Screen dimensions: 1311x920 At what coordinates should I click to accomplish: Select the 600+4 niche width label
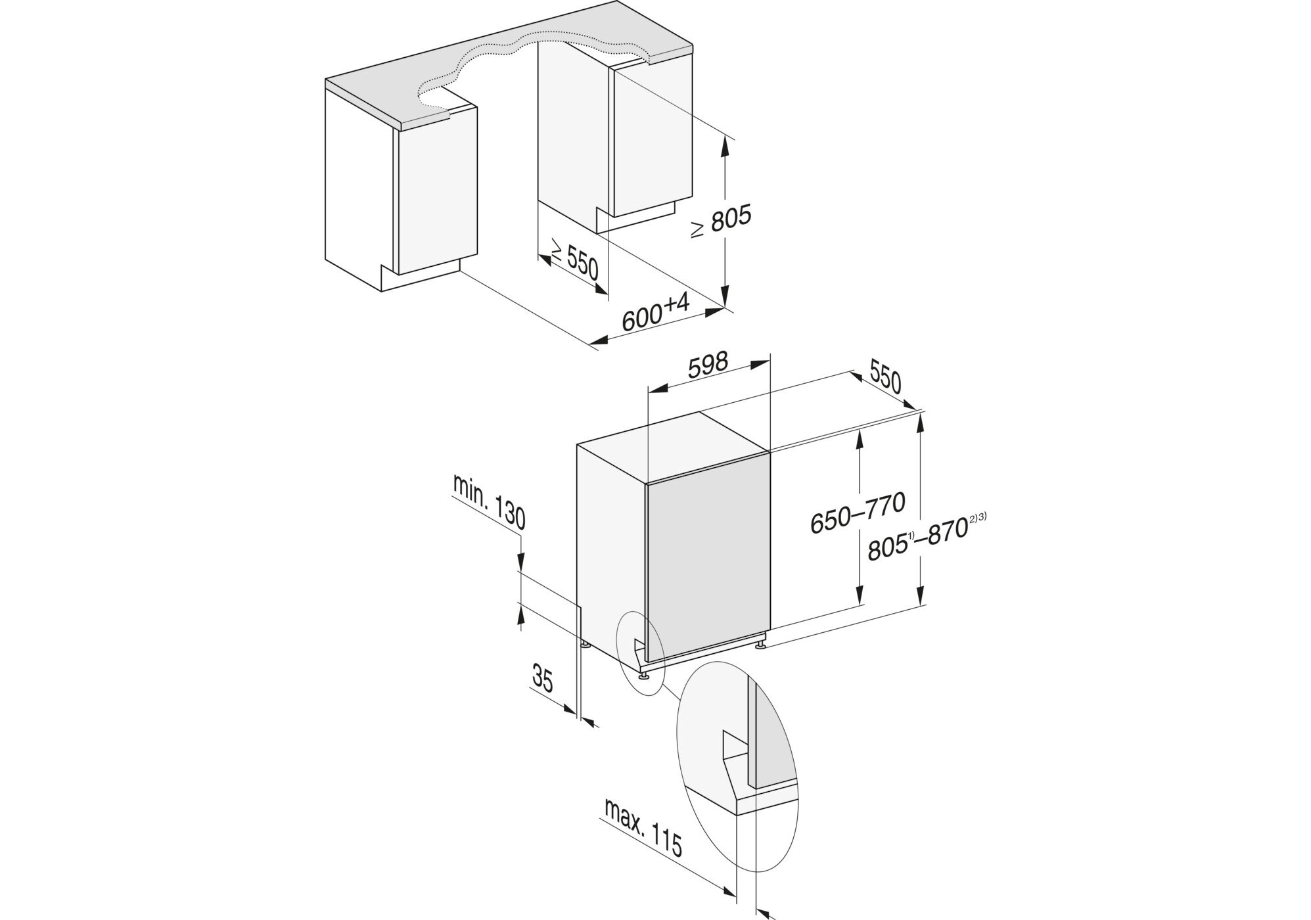click(x=655, y=313)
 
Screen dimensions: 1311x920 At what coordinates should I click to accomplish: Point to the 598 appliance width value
click(x=708, y=365)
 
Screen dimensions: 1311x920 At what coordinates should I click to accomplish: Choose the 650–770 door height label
click(x=858, y=513)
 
